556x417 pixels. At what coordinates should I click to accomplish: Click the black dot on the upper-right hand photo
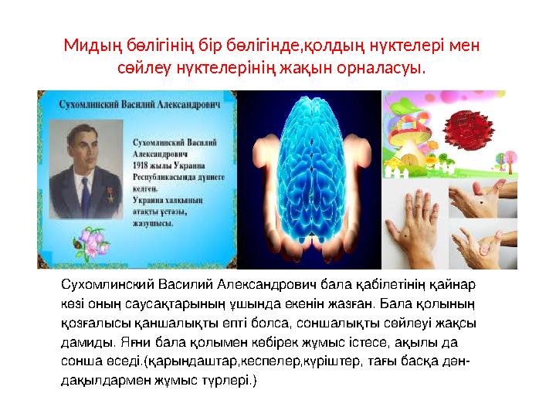(483, 202)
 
